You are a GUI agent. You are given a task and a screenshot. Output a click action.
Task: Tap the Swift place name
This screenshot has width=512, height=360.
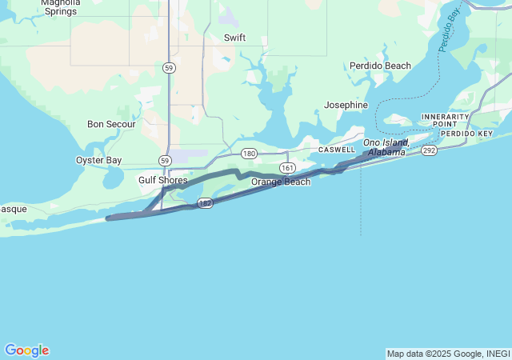click(234, 38)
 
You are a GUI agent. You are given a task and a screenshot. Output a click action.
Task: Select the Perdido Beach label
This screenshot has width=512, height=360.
click(380, 66)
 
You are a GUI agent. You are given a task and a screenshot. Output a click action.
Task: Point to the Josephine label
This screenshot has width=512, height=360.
click(346, 105)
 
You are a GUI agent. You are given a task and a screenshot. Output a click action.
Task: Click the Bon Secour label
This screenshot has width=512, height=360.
click(111, 124)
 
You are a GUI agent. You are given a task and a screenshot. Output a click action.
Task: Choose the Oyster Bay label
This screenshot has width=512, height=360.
click(98, 160)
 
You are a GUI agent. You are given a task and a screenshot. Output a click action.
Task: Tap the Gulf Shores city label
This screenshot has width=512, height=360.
click(162, 180)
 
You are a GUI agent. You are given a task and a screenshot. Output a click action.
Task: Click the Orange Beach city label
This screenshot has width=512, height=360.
click(281, 182)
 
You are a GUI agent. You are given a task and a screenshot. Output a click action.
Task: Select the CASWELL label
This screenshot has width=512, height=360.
click(337, 150)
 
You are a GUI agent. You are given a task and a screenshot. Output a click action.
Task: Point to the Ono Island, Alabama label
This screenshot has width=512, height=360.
click(386, 147)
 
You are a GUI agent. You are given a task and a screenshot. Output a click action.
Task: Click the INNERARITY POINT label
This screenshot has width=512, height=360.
click(445, 120)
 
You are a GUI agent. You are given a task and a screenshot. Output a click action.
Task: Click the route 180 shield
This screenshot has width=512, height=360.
click(249, 153)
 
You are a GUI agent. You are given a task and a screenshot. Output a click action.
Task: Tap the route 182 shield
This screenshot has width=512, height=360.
click(206, 203)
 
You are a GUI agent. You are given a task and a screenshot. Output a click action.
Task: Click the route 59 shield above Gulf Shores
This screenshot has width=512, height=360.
click(164, 161)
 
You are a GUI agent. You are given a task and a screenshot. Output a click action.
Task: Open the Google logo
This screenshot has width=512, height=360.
click(26, 350)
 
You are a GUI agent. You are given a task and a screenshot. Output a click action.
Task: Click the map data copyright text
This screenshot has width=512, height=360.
click(447, 354)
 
